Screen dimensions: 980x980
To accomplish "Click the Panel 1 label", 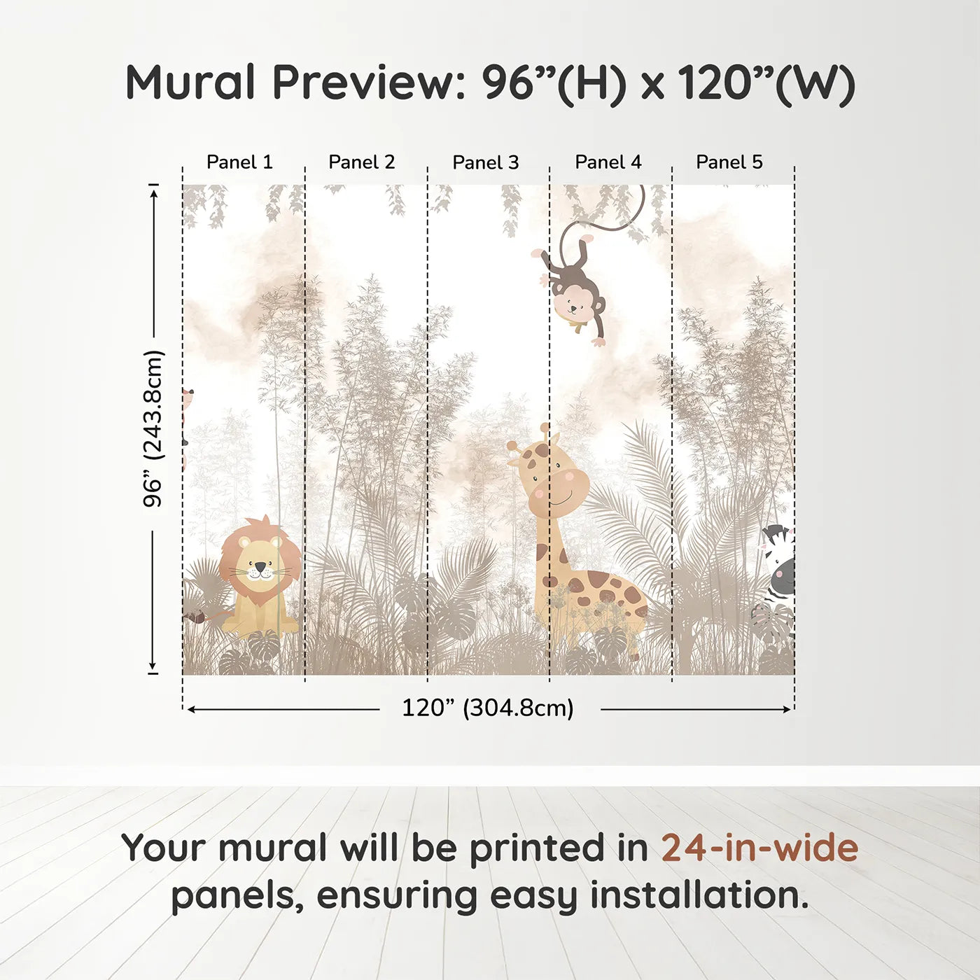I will click(239, 162).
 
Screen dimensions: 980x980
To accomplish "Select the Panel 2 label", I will click(362, 162).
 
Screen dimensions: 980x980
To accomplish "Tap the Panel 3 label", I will click(486, 162).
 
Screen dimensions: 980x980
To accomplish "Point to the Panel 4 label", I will click(608, 162).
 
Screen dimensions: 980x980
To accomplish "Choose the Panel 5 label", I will click(729, 162).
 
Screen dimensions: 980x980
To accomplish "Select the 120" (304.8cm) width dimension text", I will click(488, 708).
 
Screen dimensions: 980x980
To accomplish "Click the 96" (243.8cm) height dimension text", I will click(153, 428).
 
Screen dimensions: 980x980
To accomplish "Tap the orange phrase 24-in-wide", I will click(759, 848).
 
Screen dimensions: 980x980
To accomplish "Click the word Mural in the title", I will click(190, 83).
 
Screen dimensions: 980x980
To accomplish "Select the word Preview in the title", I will click(364, 83).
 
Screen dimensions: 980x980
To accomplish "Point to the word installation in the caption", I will click(699, 895).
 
